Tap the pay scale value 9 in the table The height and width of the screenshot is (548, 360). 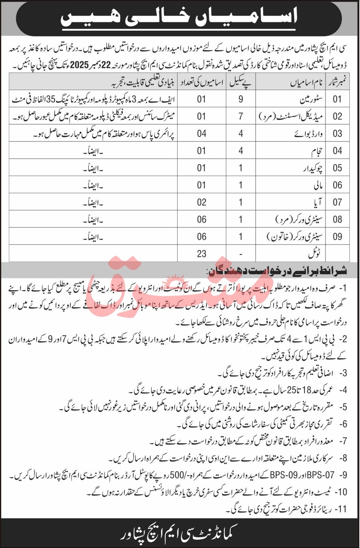pyautogui.click(x=241, y=99)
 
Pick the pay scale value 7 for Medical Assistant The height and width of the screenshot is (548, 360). pyautogui.click(x=241, y=116)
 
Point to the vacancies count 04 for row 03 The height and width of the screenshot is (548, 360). pyautogui.click(x=201, y=134)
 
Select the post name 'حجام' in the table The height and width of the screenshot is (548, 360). pyautogui.click(x=315, y=151)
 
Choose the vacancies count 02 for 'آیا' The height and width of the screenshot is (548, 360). pyautogui.click(x=201, y=202)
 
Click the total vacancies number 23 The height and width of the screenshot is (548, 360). pyautogui.click(x=201, y=254)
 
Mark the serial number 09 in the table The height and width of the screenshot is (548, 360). pyautogui.click(x=337, y=236)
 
